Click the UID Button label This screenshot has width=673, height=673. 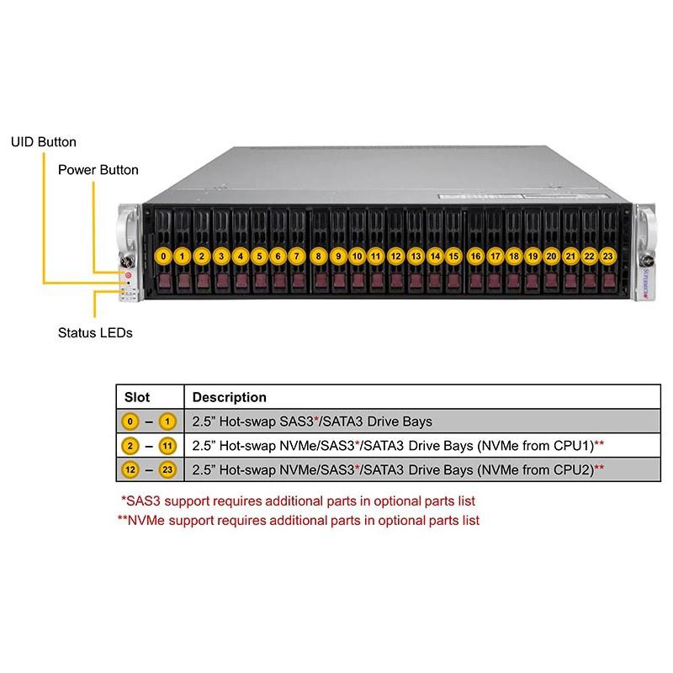point(44,142)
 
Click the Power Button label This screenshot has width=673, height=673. point(98,170)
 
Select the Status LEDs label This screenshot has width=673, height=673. point(95,333)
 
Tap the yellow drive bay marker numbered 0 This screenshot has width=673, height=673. point(164,255)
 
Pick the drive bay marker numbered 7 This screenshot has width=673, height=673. point(297,255)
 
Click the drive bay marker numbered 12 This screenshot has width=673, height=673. point(395,255)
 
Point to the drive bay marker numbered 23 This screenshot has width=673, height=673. point(608,255)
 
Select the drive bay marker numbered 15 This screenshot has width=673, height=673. point(453,255)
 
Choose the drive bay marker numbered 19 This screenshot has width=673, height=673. point(533,255)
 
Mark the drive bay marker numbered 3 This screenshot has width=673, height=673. point(221,255)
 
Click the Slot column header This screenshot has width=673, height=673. point(137,397)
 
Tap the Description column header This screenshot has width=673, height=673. point(230,397)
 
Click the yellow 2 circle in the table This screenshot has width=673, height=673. point(130,445)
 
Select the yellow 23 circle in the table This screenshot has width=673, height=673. point(167,469)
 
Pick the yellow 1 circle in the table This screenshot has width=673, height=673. point(167,421)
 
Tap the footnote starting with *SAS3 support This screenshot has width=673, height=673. point(299,501)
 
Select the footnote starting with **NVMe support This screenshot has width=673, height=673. point(299,520)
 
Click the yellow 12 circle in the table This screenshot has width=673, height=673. point(130,469)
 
